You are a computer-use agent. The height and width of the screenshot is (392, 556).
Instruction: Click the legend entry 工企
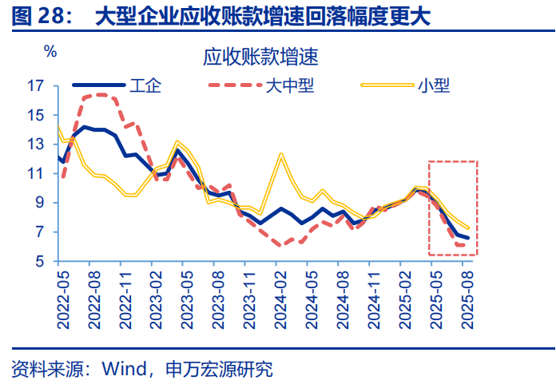(x=146, y=85)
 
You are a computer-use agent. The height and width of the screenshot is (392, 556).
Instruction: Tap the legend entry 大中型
(x=289, y=85)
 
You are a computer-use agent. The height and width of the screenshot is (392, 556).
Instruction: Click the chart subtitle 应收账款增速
(x=260, y=57)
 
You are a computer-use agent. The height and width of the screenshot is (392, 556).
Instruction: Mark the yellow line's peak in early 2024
(x=281, y=153)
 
